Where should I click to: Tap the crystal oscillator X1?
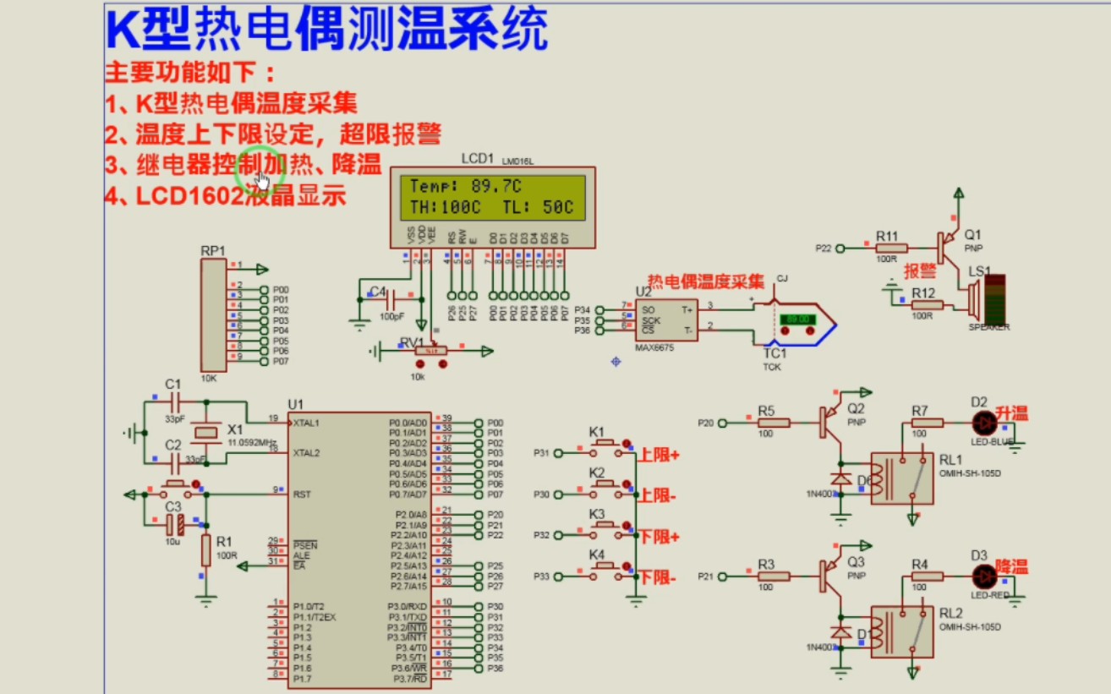(205, 434)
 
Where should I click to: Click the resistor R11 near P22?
(891, 248)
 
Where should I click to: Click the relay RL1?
(901, 478)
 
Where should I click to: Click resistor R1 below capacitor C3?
(205, 550)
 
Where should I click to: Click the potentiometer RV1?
(432, 350)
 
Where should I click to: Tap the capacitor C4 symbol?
(391, 299)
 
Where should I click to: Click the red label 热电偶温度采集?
(706, 281)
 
